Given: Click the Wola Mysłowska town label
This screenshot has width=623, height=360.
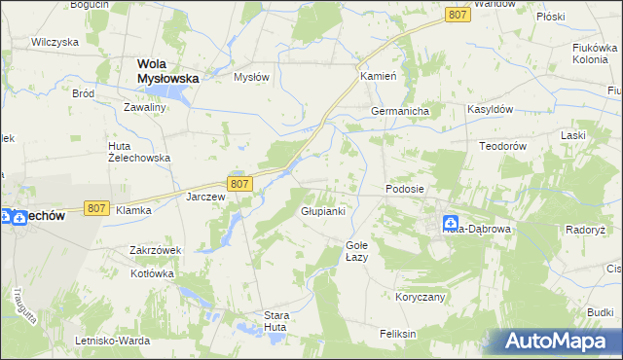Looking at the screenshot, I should coord(161,71).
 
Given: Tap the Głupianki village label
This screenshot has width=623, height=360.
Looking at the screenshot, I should coord(322,211).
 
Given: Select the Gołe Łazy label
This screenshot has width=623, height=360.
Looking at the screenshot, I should coord(356,251).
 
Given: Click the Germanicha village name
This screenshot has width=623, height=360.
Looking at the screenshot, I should coord(400,112).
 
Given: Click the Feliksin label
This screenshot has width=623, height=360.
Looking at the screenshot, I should coord(398,334).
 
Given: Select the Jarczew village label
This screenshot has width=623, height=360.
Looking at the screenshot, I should coord(205,197).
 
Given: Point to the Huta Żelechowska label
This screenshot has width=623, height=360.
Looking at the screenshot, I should coord(138,151).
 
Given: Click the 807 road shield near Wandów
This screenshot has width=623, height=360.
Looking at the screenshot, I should coord(458,15).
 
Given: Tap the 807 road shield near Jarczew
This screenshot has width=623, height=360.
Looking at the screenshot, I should coord(241,183).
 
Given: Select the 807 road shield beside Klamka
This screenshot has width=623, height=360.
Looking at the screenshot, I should coord(95,208).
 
